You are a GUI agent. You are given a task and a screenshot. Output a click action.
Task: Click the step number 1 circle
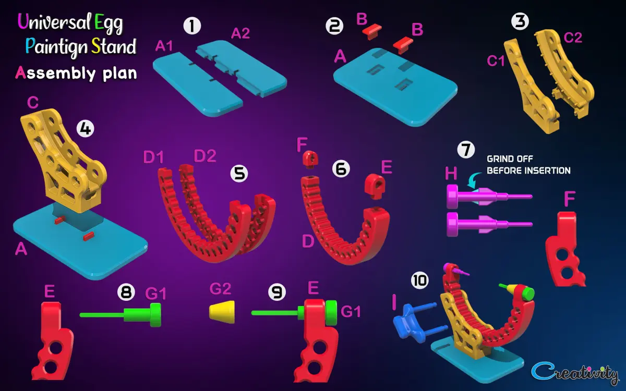pyautogui.click(x=192, y=26)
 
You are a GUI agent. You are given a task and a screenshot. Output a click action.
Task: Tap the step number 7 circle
pyautogui.click(x=466, y=150)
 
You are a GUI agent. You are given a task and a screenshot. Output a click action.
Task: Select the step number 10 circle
pyautogui.click(x=420, y=280)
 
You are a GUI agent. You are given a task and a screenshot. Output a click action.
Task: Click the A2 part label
pyautogui.click(x=240, y=33)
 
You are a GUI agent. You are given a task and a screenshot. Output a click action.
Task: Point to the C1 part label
pyautogui.click(x=496, y=61)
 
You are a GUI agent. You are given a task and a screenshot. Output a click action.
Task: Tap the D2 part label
pyautogui.click(x=205, y=156)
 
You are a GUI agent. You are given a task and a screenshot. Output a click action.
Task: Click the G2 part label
pyautogui.click(x=220, y=289)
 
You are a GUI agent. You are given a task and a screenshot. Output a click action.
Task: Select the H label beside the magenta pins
pyautogui.click(x=451, y=174)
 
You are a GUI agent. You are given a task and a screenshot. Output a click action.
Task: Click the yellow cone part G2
pyautogui.click(x=222, y=312)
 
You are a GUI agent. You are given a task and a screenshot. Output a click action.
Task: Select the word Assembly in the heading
pyautogui.click(x=56, y=74)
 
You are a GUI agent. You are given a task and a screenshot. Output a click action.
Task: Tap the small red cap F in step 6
pyautogui.click(x=310, y=160)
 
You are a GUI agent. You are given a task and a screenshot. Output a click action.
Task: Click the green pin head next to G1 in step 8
pyautogui.click(x=155, y=315)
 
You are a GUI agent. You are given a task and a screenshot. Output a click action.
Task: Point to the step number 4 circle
pyautogui.click(x=86, y=129)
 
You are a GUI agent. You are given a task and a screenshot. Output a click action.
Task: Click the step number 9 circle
pyautogui.click(x=276, y=292)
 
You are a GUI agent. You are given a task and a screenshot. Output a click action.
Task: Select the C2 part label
pyautogui.click(x=573, y=38)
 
